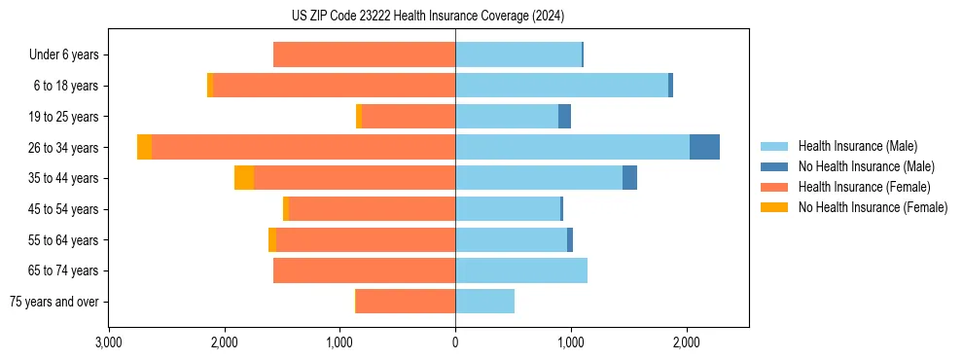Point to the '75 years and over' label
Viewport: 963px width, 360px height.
click(x=54, y=302)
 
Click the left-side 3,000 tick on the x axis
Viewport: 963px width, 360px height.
click(x=109, y=342)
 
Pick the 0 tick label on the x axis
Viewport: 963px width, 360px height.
click(x=455, y=342)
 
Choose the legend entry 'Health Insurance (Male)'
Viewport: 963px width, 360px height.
click(x=857, y=146)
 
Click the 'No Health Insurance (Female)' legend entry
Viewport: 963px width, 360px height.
click(x=873, y=207)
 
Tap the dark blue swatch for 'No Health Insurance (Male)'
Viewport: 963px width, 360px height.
click(x=774, y=166)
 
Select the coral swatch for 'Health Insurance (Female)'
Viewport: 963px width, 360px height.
click(x=774, y=187)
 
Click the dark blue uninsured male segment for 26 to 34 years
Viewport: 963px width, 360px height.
click(x=704, y=147)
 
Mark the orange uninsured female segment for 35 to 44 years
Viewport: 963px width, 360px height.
click(x=244, y=178)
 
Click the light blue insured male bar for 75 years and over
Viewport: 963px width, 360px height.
click(x=484, y=302)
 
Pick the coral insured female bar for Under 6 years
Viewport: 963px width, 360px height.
click(x=364, y=55)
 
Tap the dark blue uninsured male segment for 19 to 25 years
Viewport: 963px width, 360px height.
click(x=564, y=117)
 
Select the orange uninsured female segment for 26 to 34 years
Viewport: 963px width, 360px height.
click(x=144, y=147)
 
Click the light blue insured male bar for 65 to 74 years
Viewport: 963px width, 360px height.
click(x=520, y=270)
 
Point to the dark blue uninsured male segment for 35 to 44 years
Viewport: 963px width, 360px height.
click(x=629, y=178)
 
